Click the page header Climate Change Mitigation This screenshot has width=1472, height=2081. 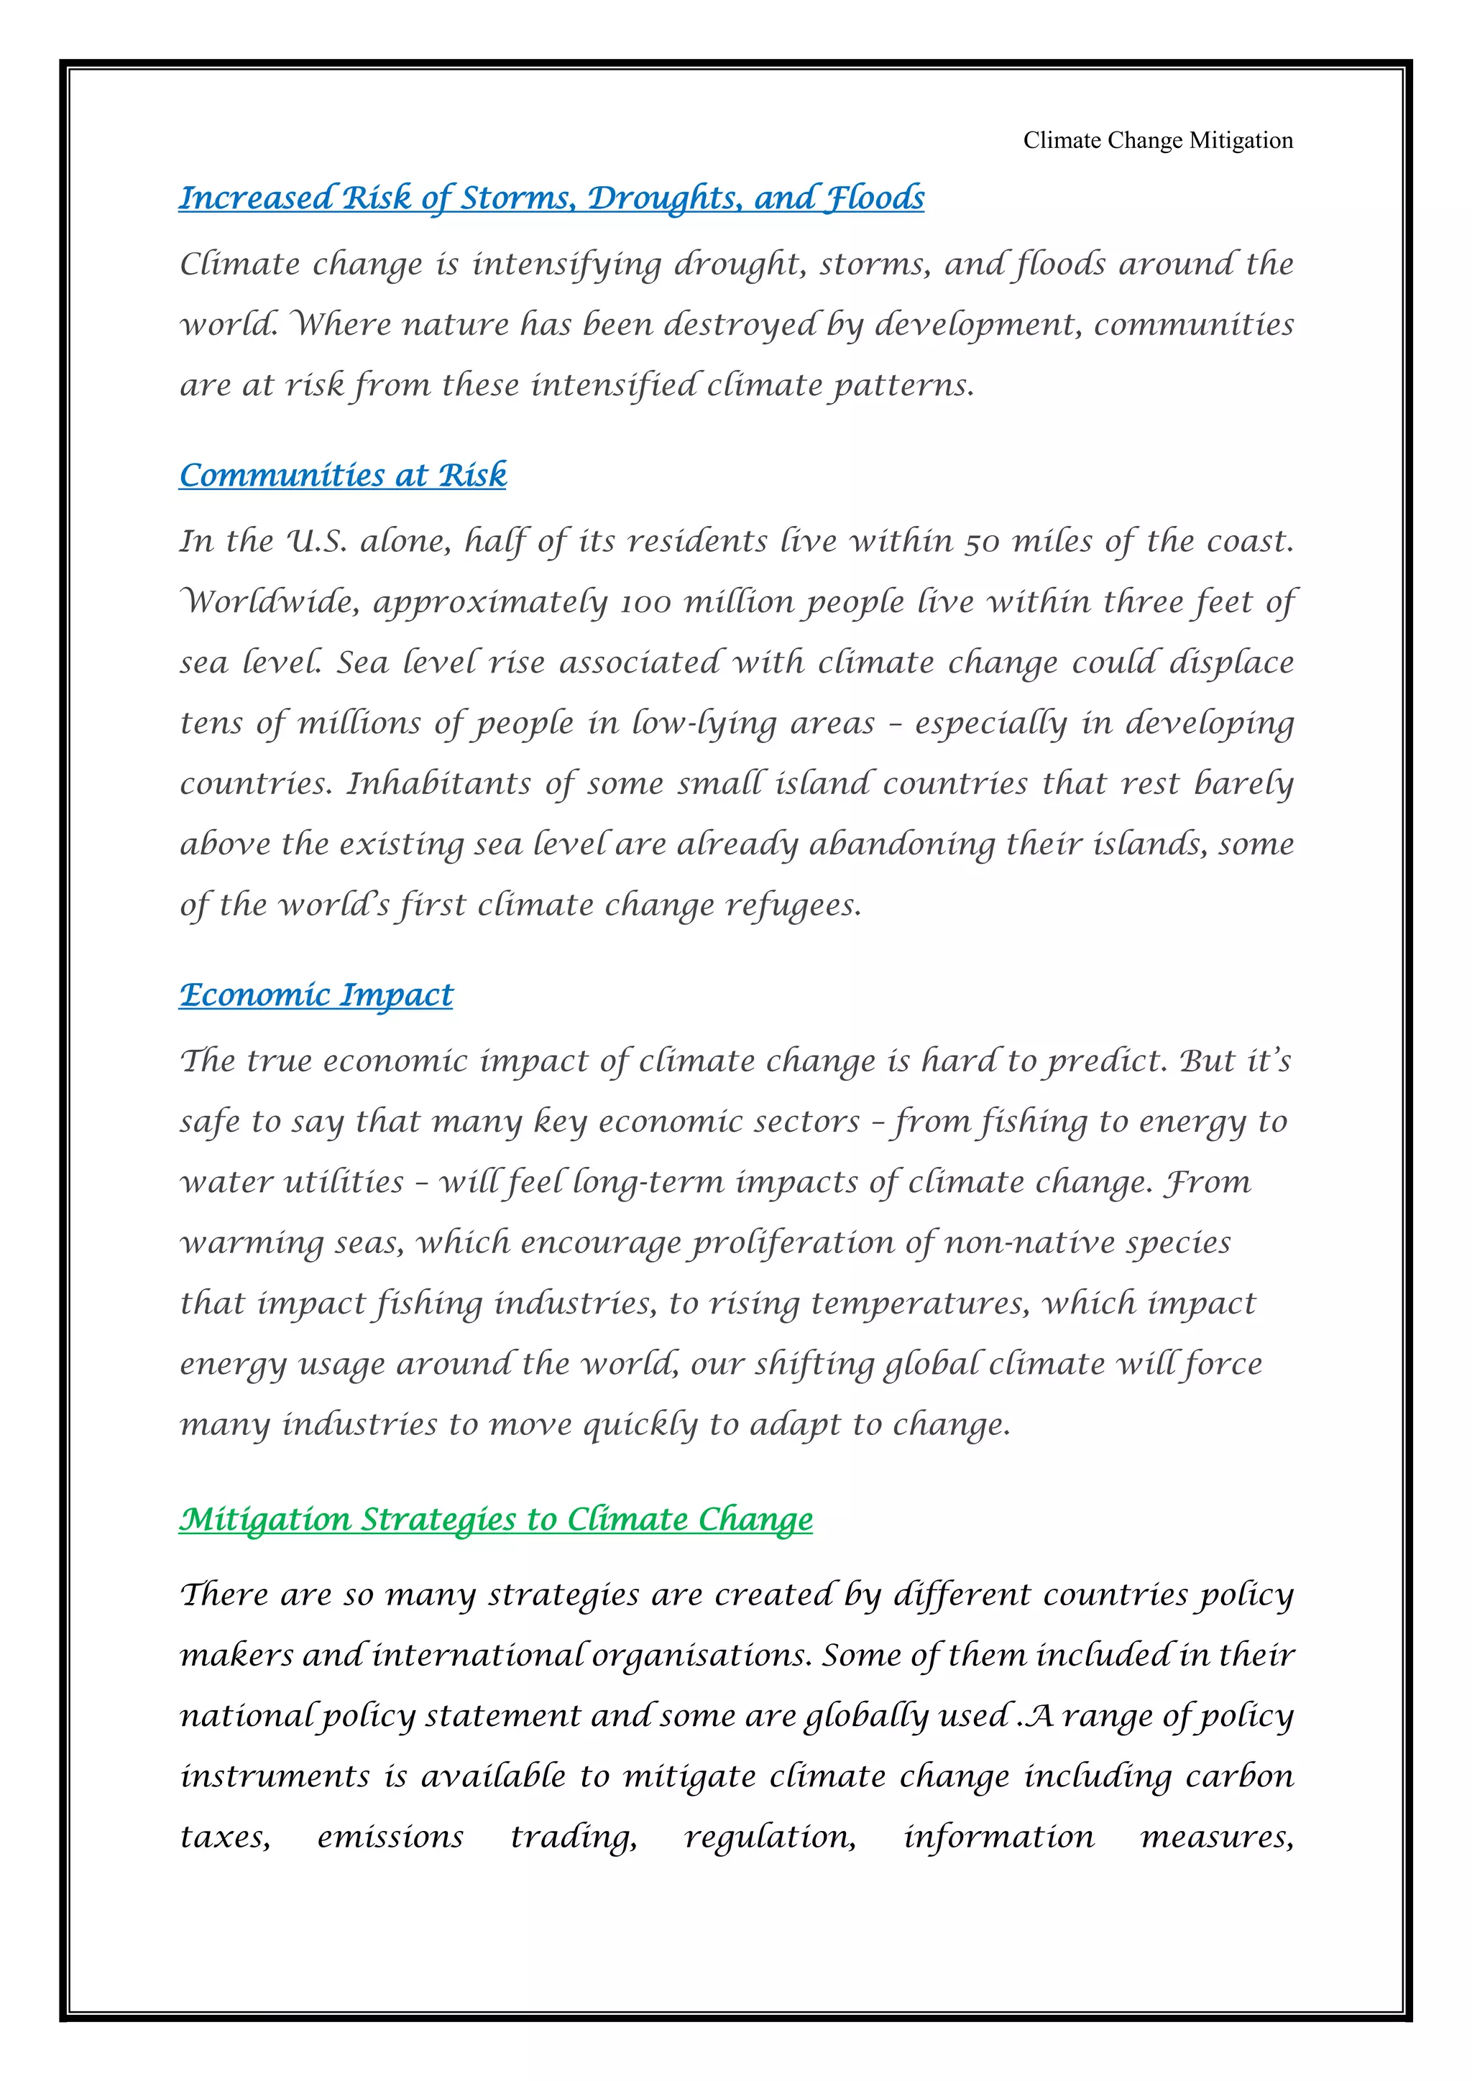[x=1157, y=141]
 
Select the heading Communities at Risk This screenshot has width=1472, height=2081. [x=343, y=475]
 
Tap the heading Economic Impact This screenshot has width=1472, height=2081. [x=316, y=995]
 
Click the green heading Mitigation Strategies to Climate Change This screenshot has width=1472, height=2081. [x=496, y=1518]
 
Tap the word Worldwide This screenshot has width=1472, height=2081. [x=270, y=602]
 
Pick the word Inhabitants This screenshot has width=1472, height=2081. [x=438, y=783]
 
